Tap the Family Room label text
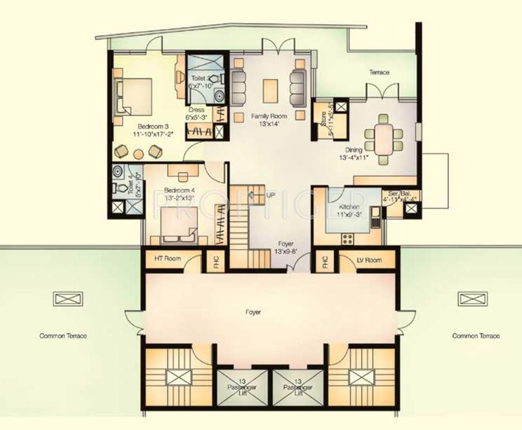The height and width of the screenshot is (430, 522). point(268,116)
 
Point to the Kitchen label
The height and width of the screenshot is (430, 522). point(349,207)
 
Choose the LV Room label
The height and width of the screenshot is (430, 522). point(368,260)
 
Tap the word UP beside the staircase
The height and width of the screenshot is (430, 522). point(271,195)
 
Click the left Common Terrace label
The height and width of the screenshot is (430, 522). point(63,336)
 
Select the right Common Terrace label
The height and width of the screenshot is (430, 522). point(476,336)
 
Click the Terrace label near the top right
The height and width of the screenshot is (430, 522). point(379,72)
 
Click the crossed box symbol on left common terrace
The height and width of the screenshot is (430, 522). point(68,298)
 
